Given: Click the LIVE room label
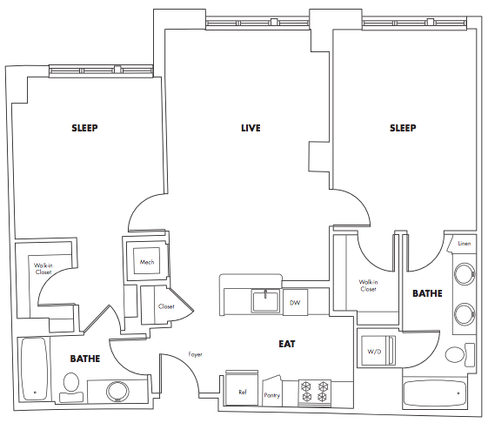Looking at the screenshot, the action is click(x=251, y=128).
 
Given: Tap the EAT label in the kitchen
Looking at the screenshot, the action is click(x=287, y=344).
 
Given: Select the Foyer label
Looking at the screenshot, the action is click(x=195, y=354).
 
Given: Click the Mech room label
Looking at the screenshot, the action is click(x=147, y=262).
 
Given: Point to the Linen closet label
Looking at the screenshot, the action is click(x=464, y=244).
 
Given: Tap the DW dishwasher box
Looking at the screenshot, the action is click(x=295, y=302).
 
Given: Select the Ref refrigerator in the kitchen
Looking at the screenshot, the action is click(x=242, y=388).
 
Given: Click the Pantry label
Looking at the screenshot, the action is click(x=272, y=395).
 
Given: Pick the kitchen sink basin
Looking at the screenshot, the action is click(x=265, y=301).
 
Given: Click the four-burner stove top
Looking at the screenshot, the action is click(x=315, y=392).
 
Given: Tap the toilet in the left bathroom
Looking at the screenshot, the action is click(x=71, y=387).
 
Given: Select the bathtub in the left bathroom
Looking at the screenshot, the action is click(x=34, y=369).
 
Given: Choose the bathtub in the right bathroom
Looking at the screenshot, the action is click(x=434, y=393).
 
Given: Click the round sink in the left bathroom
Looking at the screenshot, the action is click(x=117, y=392).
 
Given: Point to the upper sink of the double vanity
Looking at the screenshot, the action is click(x=465, y=274).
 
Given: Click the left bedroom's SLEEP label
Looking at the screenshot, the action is click(x=84, y=128).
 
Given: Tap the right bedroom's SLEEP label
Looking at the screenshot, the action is click(x=403, y=128).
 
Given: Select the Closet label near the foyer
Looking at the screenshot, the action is click(x=166, y=306).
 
